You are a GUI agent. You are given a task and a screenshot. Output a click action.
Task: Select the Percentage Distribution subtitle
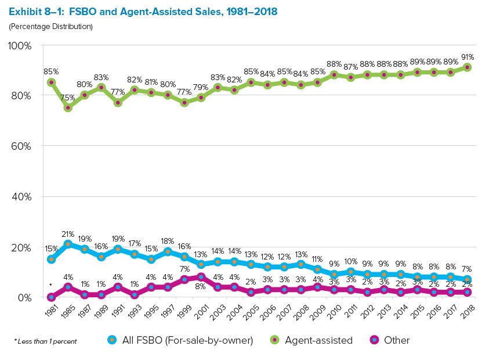[x=50, y=26]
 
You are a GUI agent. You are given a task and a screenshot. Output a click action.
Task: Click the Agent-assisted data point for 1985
[x=68, y=107]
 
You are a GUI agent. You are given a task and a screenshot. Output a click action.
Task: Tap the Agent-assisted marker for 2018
[x=468, y=67]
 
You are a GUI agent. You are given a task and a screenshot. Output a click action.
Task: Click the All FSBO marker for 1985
[x=68, y=244]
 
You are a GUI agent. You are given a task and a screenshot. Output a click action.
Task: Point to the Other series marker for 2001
[x=201, y=277]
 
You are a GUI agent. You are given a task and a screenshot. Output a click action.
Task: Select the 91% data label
[x=468, y=57]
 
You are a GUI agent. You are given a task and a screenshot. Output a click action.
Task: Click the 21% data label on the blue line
[x=68, y=233]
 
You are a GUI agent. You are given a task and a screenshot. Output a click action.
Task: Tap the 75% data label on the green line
[x=68, y=97]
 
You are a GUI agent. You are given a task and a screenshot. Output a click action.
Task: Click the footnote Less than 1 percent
[x=45, y=341]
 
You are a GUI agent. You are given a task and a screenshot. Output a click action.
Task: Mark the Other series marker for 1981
[x=51, y=297]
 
